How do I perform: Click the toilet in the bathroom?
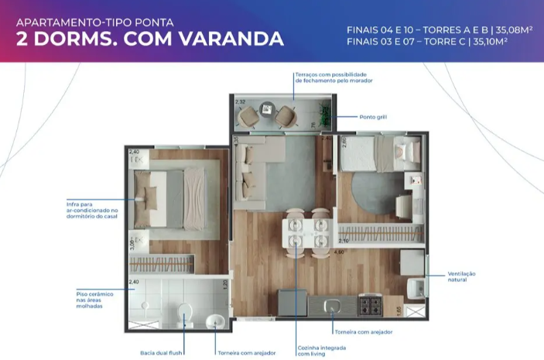click(x=185, y=313)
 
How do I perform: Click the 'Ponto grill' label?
click(x=373, y=117)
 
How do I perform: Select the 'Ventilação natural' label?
click(x=461, y=276)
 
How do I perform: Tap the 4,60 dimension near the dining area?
click(x=338, y=252)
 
